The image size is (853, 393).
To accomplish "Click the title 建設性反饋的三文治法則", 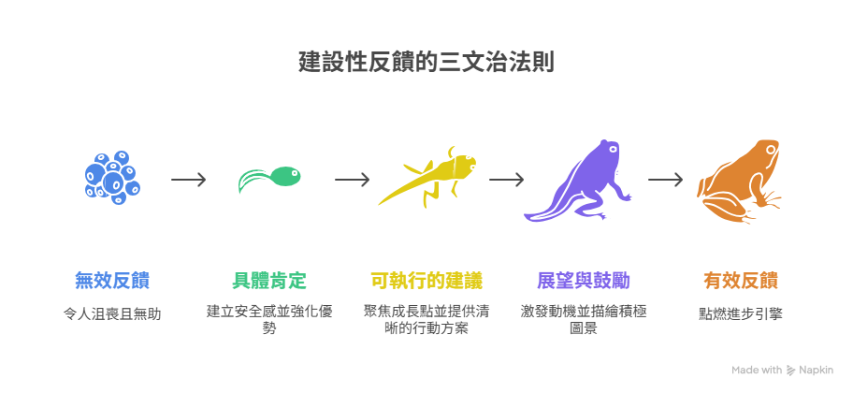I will pyautogui.click(x=426, y=63).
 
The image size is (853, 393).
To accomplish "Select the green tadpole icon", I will pyautogui.click(x=269, y=178).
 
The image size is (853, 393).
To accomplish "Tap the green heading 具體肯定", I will pyautogui.click(x=269, y=280).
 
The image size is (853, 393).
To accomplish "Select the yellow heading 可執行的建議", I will pyautogui.click(x=426, y=280).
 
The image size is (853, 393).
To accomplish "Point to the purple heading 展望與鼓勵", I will pyautogui.click(x=584, y=280).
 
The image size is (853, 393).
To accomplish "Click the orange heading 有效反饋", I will pyautogui.click(x=741, y=280).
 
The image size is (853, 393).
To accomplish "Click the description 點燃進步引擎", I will pyautogui.click(x=741, y=313).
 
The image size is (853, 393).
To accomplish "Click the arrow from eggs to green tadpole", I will pyautogui.click(x=189, y=179).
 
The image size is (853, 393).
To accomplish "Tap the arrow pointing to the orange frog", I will pyautogui.click(x=664, y=179).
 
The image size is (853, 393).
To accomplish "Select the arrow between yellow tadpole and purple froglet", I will pyautogui.click(x=505, y=179).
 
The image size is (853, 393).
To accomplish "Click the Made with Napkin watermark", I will pyautogui.click(x=783, y=370).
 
